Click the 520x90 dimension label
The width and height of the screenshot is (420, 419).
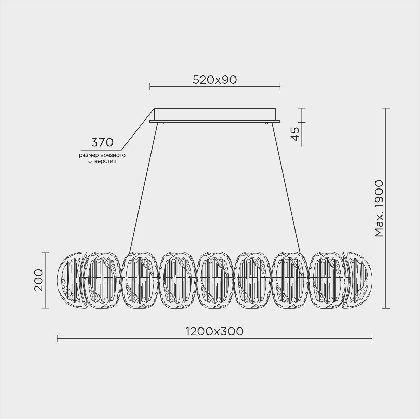[x=214, y=80]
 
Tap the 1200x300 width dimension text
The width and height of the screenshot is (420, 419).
[x=214, y=332]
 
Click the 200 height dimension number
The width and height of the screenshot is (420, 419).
[x=39, y=280]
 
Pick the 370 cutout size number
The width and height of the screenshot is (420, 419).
[x=102, y=142]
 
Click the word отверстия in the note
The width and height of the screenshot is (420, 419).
[x=102, y=162]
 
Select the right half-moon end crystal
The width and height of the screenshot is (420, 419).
[x=358, y=280]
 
